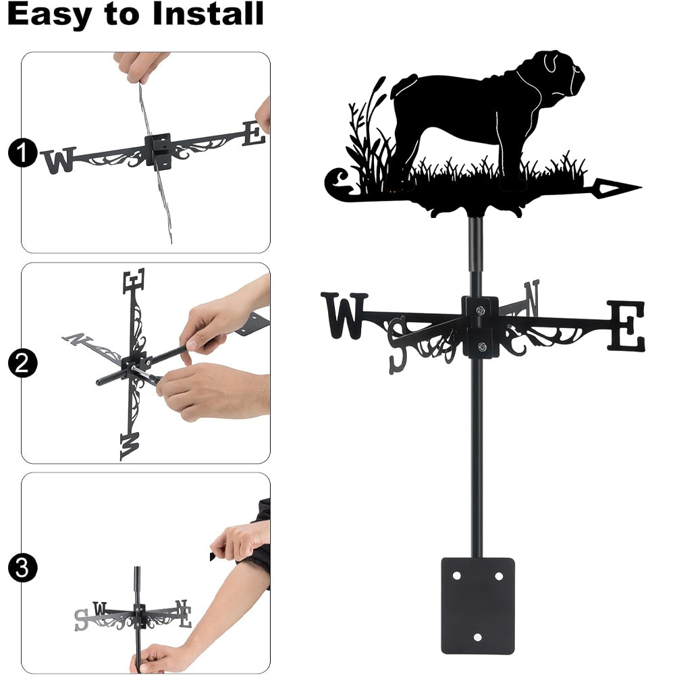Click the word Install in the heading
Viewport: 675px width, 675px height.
pyautogui.click(x=208, y=13)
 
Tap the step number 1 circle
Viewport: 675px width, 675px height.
pyautogui.click(x=22, y=153)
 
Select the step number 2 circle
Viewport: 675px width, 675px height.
pyautogui.click(x=22, y=363)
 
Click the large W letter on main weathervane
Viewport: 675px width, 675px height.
pyautogui.click(x=344, y=315)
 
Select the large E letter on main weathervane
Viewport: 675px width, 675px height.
pyautogui.click(x=626, y=326)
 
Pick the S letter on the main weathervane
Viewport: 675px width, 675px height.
pyautogui.click(x=398, y=344)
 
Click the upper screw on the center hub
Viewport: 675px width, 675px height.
pyautogui.click(x=481, y=310)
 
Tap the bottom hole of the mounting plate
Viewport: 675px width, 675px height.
pyautogui.click(x=478, y=637)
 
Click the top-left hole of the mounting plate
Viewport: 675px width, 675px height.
pyautogui.click(x=457, y=576)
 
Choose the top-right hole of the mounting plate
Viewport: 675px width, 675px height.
pyautogui.click(x=499, y=576)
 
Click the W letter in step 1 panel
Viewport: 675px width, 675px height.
pyautogui.click(x=59, y=161)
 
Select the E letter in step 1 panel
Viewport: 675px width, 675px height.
pyautogui.click(x=253, y=134)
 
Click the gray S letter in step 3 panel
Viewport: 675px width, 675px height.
pyautogui.click(x=81, y=620)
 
